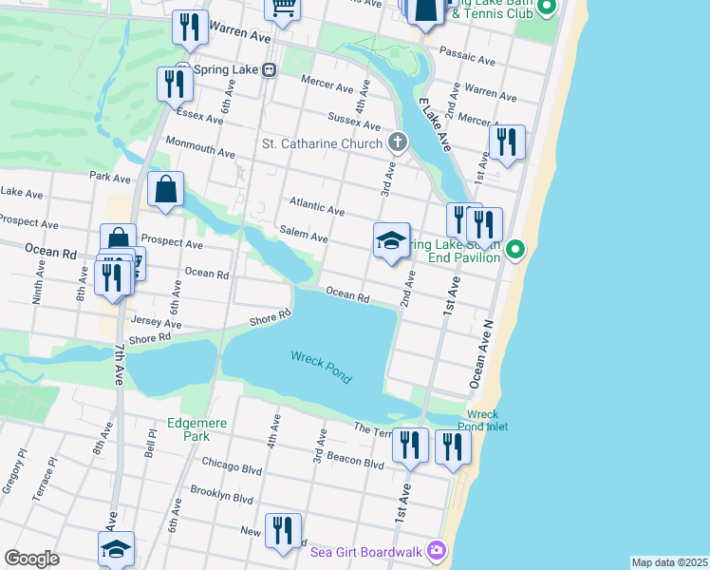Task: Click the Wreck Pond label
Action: (321, 366)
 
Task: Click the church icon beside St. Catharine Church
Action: (398, 143)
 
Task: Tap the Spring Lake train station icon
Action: (270, 69)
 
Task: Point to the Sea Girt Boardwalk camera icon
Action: (436, 550)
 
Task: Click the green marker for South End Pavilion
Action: (514, 251)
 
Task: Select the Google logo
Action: (32, 559)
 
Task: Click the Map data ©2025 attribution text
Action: (669, 562)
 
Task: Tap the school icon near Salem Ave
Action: (391, 242)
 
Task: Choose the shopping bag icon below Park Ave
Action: (166, 189)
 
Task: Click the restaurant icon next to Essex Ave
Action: (176, 85)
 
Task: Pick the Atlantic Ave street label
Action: (317, 207)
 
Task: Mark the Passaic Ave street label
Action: (474, 61)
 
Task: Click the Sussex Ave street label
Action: (354, 121)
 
